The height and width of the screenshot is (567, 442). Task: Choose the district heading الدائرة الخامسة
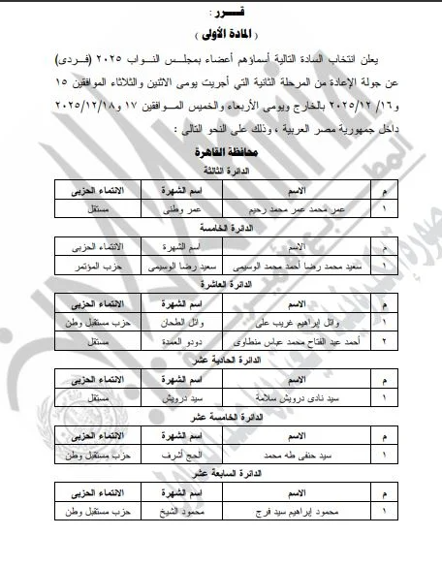[222, 227]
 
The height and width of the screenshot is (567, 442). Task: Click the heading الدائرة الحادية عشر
[222, 361]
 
